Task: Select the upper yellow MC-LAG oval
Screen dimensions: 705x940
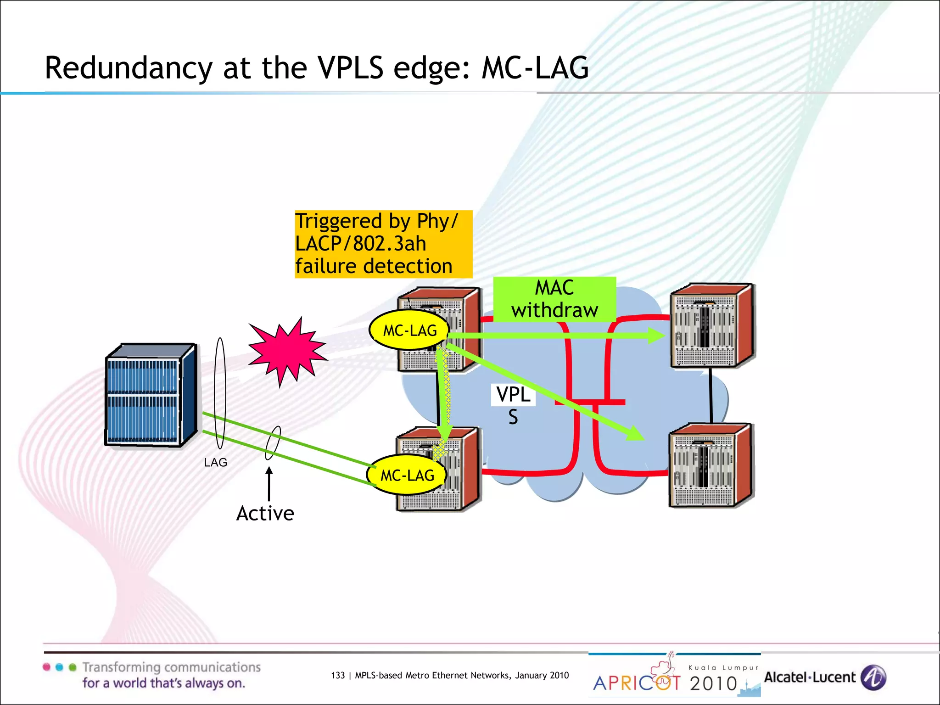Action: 409,330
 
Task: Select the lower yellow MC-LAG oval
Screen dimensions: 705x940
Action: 407,475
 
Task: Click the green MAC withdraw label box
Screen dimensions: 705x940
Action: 554,299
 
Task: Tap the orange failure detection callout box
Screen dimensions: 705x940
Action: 383,244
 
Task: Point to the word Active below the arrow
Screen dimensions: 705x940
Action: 265,514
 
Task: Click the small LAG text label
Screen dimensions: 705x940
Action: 215,463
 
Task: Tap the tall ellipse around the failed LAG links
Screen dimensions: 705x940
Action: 220,393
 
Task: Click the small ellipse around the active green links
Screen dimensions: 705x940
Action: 273,442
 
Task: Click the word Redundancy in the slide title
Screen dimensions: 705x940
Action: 129,68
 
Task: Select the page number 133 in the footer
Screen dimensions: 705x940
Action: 337,676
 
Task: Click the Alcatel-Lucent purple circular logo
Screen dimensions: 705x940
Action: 873,677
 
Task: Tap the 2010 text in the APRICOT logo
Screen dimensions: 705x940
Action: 713,683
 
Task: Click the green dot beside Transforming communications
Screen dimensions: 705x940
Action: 72,667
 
